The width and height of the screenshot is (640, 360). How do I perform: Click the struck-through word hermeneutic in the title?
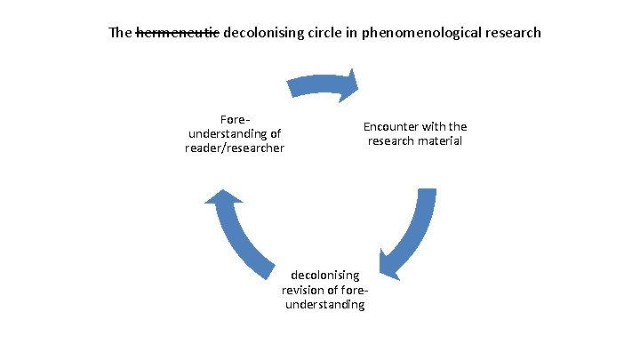pyautogui.click(x=177, y=34)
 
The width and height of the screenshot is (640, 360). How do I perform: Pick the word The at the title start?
pyautogui.click(x=119, y=34)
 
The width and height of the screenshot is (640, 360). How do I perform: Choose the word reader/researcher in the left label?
pyautogui.click(x=235, y=148)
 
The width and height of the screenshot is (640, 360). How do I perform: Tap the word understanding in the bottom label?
pyautogui.click(x=324, y=304)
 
